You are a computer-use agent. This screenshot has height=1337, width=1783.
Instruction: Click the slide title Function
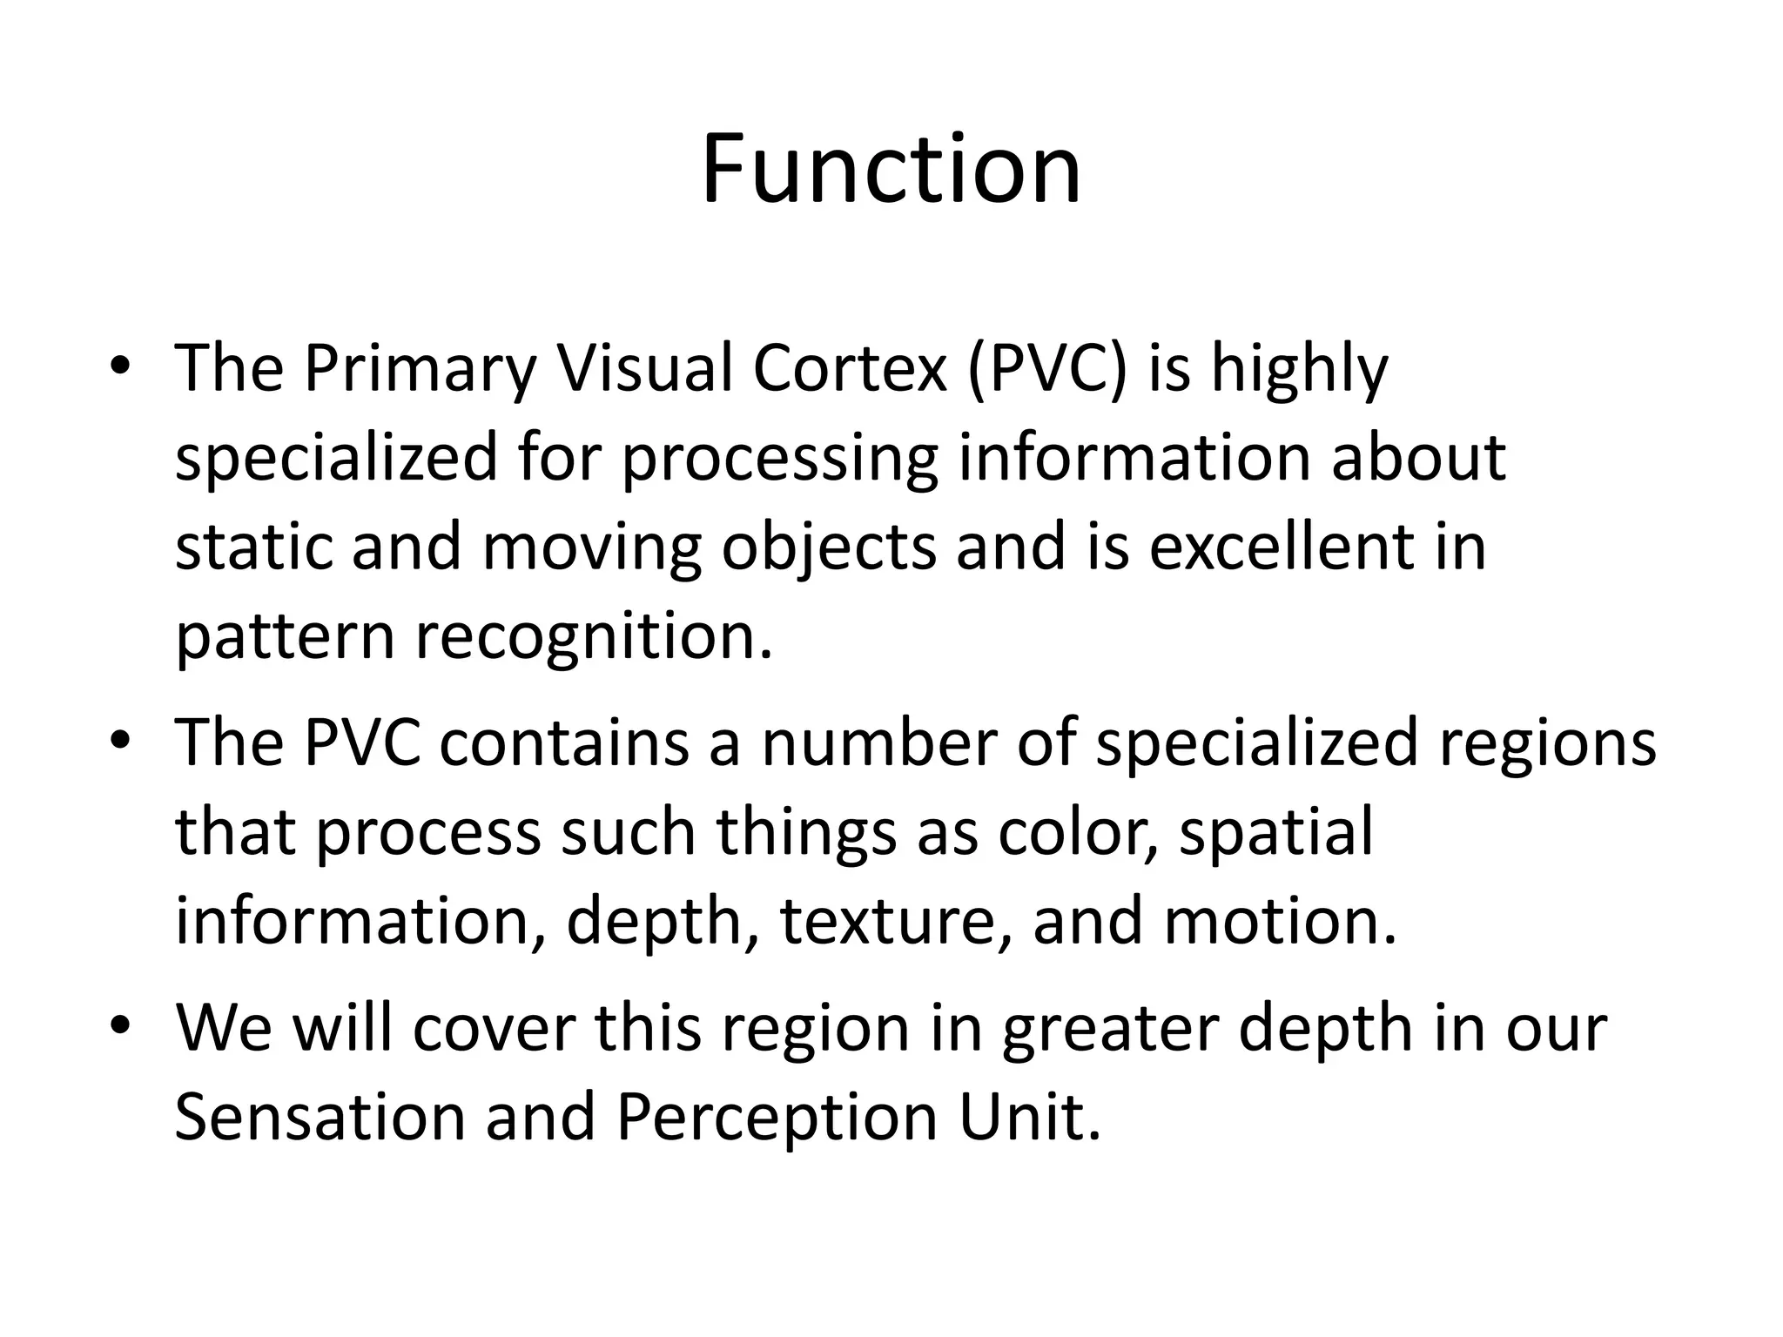coord(891,169)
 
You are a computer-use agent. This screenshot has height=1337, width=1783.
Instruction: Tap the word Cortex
coord(849,367)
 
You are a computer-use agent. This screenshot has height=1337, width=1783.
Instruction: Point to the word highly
coord(1299,369)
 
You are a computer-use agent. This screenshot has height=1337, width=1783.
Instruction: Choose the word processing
coord(779,459)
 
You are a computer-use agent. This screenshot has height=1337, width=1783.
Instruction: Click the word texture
coord(896,922)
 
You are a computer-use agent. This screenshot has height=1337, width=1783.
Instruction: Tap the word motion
coord(1280,922)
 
